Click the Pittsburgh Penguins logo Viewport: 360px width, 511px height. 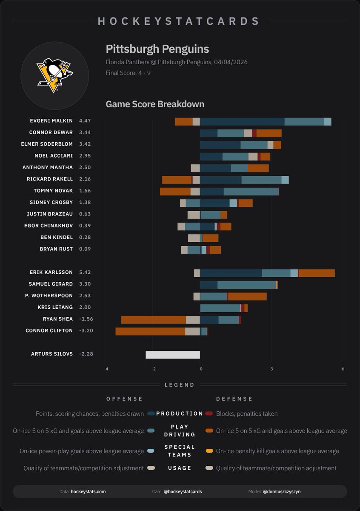54,76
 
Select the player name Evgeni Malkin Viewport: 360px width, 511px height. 51,121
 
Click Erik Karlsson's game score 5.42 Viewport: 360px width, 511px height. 85,273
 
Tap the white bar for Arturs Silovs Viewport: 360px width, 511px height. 172,355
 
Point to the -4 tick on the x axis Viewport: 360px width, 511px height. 106,369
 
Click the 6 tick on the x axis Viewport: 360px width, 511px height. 343,369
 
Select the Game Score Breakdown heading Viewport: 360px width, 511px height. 155,104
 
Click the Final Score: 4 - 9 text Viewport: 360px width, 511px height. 128,73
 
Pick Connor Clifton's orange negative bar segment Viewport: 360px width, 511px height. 150,331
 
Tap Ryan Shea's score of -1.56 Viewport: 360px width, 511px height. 85,319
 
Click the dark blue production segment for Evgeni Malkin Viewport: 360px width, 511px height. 242,122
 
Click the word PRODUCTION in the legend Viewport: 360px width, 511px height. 180,413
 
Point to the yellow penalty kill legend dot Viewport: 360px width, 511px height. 209,451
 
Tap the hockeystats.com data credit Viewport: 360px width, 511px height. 88,491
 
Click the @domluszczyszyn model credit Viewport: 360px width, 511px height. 283,491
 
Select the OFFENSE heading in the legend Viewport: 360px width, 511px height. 125,399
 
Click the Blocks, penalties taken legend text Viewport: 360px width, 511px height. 247,413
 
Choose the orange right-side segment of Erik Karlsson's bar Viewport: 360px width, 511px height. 317,273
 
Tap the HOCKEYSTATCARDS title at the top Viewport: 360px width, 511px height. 179,21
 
